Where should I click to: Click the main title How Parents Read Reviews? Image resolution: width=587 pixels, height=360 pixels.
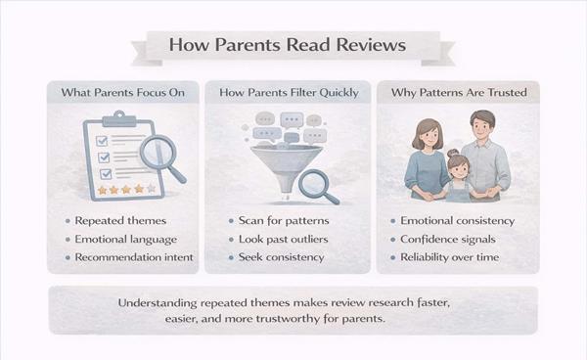pos(293,46)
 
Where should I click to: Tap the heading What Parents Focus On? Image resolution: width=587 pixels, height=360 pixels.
pos(124,93)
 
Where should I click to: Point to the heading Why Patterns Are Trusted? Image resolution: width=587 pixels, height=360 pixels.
pos(459,93)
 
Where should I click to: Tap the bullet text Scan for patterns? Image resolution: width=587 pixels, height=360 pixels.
pos(285,221)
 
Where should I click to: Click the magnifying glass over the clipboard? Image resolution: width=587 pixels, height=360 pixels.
pos(160,154)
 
